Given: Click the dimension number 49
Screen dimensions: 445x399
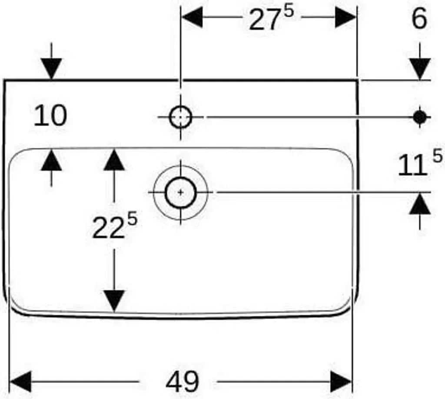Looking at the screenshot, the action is [182, 382].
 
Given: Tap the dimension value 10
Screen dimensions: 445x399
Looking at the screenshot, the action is [50, 115].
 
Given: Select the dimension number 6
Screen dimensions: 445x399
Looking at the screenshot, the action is [419, 18].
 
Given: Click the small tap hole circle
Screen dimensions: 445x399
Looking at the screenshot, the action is [180, 117].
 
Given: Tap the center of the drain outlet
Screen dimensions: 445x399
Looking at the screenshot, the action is [181, 193].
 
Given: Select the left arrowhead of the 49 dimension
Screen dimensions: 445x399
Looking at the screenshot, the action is [20, 382].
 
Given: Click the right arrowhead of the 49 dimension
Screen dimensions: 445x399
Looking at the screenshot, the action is [341, 382].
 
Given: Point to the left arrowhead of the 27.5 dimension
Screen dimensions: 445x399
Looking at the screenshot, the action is [193, 17].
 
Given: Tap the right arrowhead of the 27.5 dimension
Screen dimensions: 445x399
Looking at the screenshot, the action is [345, 17].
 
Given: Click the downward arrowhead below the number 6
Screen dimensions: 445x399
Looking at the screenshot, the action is [420, 69].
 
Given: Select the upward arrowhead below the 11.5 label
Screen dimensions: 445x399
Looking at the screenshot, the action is [420, 203].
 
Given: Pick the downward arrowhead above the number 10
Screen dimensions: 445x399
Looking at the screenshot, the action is [51, 69].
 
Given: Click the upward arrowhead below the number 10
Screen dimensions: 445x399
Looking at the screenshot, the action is [51, 160].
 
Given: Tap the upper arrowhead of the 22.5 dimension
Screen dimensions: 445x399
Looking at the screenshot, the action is [114, 160].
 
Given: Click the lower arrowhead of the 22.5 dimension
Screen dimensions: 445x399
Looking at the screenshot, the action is [114, 301].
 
